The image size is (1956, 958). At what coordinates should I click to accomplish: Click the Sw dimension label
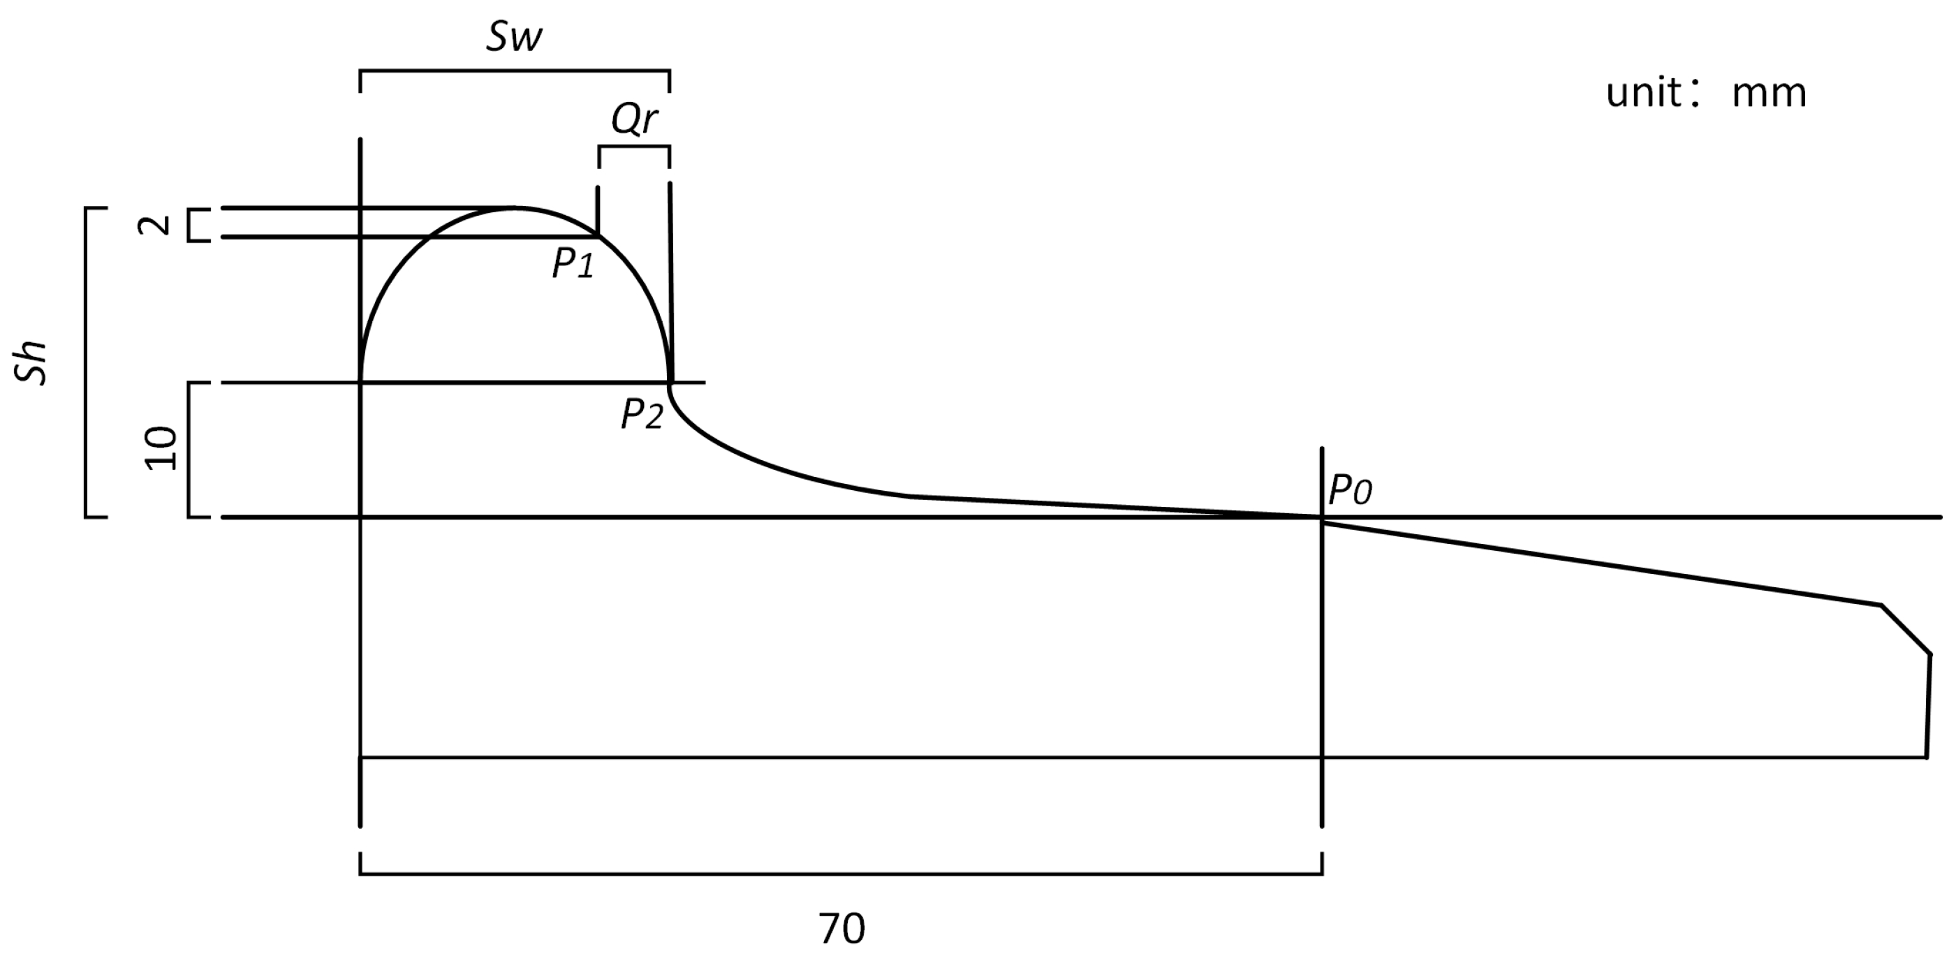(x=514, y=36)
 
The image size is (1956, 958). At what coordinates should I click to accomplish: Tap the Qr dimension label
(x=634, y=119)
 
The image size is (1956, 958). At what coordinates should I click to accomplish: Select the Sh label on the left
(x=32, y=364)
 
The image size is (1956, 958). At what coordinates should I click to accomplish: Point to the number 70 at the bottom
(x=841, y=929)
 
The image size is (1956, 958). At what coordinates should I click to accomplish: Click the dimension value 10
(x=161, y=449)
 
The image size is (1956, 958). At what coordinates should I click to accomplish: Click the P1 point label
(x=573, y=263)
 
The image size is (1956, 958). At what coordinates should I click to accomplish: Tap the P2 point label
(x=642, y=415)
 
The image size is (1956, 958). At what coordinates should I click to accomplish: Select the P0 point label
(x=1350, y=489)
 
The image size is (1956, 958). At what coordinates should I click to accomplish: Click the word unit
(x=1643, y=94)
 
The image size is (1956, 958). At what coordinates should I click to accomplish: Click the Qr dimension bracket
(x=634, y=147)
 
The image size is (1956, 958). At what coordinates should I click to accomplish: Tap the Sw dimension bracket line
(x=514, y=71)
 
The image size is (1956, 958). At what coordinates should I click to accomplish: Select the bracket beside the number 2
(x=190, y=225)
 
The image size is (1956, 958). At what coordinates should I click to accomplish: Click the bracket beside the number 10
(x=189, y=450)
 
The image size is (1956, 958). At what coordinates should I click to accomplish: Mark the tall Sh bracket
(x=86, y=362)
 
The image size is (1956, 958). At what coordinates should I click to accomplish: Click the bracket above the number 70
(x=841, y=874)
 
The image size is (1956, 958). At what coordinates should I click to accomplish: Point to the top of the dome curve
(x=514, y=207)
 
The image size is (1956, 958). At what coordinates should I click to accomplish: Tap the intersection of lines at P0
(x=1322, y=517)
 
